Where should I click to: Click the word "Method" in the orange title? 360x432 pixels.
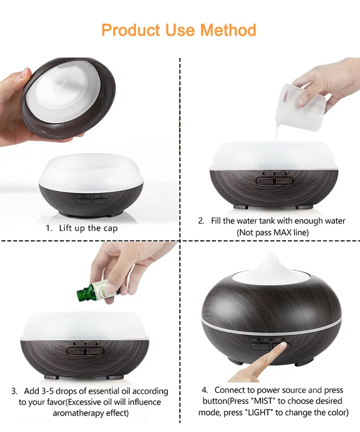(228, 30)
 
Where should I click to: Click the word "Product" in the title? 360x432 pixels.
(131, 30)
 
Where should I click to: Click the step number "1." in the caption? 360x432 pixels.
(49, 228)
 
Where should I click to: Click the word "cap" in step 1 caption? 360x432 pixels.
(110, 229)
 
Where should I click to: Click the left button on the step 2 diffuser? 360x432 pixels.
(265, 181)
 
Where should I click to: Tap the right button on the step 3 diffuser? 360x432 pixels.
(95, 351)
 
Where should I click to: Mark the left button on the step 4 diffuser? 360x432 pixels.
(260, 346)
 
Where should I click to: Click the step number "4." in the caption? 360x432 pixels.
(205, 390)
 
